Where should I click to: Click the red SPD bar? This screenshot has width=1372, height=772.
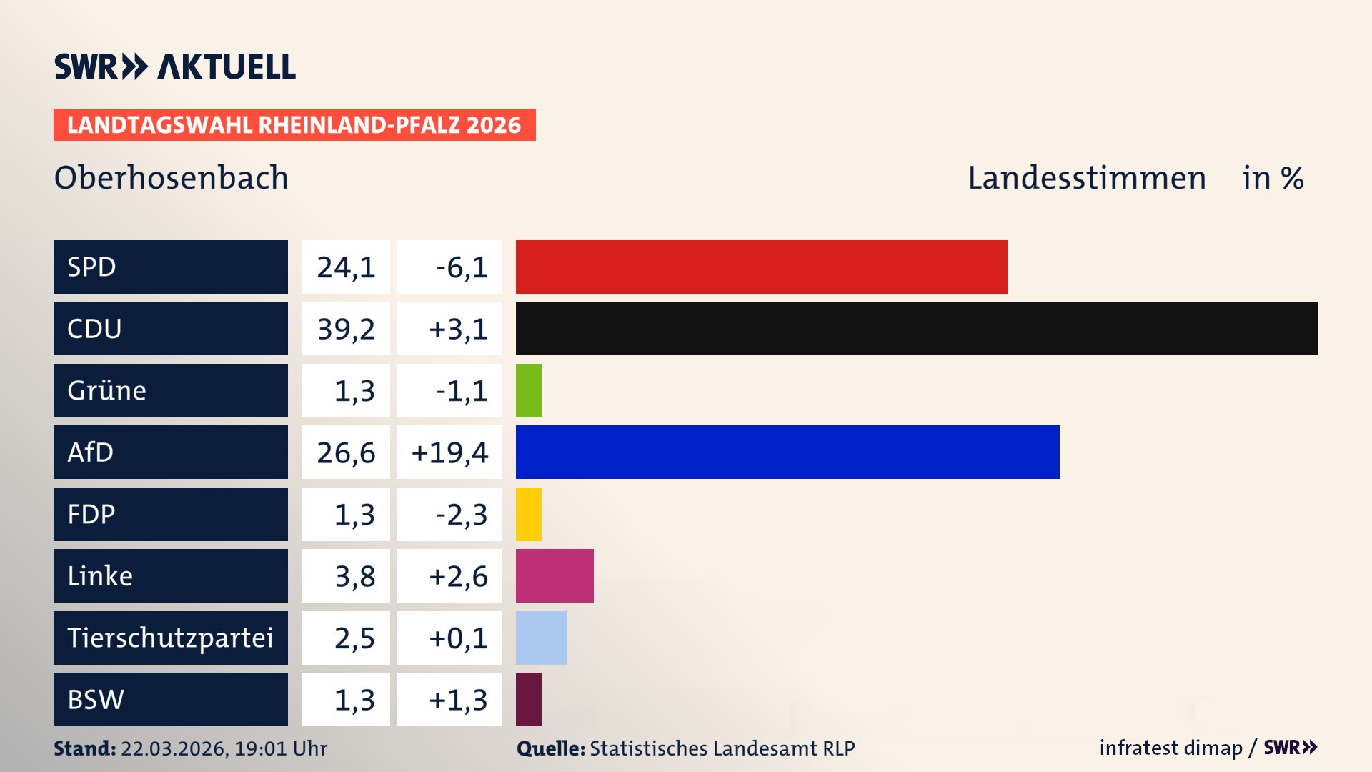point(761,267)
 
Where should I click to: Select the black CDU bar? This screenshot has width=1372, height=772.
point(917,328)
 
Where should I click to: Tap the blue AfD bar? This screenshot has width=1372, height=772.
point(787,452)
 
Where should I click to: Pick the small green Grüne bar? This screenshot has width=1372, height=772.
point(529,390)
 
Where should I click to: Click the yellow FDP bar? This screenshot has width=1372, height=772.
point(529,514)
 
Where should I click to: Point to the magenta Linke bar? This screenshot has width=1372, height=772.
point(555,575)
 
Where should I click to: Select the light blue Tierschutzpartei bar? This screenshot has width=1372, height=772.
point(542,638)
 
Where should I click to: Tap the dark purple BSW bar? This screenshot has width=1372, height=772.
point(529,699)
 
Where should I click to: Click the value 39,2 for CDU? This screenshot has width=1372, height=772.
point(346,329)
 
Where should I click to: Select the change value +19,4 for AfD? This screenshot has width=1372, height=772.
point(449,452)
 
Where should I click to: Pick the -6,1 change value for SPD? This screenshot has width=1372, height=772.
point(462,267)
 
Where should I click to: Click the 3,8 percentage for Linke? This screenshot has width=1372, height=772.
point(354,576)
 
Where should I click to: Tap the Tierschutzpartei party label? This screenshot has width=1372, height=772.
point(170,638)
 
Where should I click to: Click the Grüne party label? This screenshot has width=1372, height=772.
point(107,390)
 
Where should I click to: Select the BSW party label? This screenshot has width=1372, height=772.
point(96,699)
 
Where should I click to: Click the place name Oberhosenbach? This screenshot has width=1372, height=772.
point(171,177)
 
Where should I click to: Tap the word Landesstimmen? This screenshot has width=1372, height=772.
point(1087,177)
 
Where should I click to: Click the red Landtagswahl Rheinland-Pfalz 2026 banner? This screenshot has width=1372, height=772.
point(294,124)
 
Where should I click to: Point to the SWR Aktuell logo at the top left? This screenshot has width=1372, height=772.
point(175,66)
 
